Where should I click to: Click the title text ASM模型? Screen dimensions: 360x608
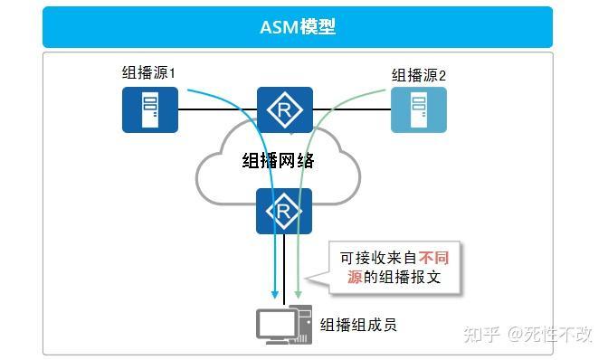click(298, 27)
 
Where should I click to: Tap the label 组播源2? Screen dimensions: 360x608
click(418, 74)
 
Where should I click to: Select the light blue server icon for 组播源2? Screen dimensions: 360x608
click(418, 109)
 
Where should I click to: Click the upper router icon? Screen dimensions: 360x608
click(284, 109)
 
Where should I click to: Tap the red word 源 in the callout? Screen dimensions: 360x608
click(356, 278)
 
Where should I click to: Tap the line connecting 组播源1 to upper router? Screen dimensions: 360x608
click(217, 109)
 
